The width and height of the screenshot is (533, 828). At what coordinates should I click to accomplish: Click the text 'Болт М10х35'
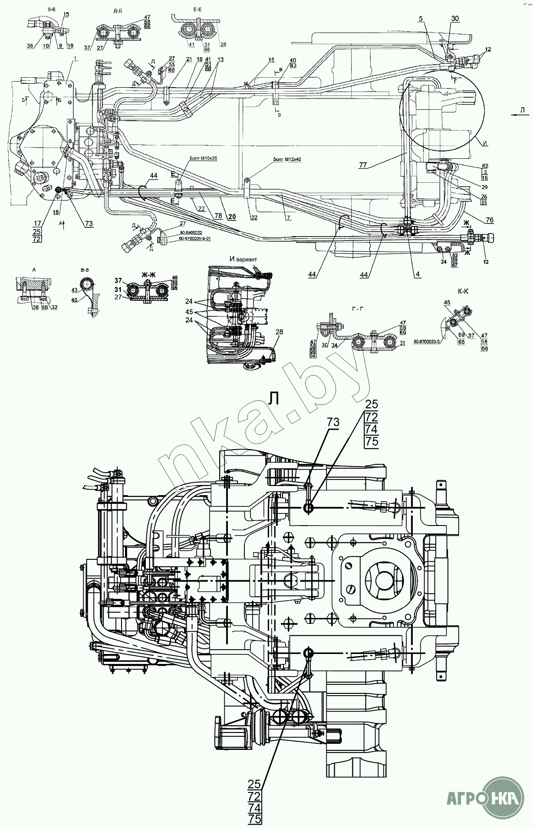pos(203,159)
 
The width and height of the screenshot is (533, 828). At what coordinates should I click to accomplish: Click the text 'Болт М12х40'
pos(287,159)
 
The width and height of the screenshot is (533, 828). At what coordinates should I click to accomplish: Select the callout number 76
pos(490,220)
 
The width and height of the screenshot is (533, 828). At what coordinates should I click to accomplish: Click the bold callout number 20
pos(232,217)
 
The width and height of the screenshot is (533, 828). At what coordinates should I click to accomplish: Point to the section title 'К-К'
pos(463,292)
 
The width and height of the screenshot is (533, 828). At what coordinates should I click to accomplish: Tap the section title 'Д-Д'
pos(118,11)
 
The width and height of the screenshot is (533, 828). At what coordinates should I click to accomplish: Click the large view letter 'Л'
pos(273,398)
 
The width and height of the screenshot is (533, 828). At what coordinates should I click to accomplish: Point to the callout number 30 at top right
pos(454,19)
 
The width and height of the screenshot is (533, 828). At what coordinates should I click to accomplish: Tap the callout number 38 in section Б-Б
pos(31,46)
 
